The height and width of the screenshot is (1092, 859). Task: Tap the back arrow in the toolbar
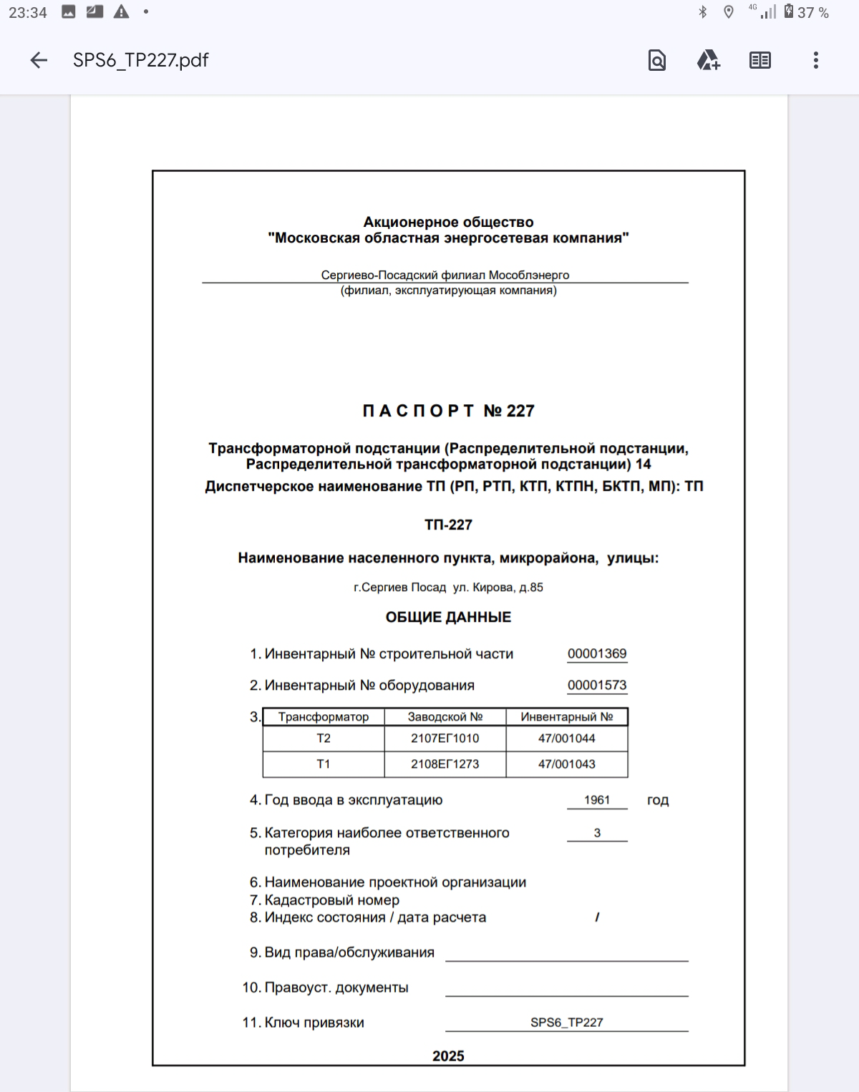tap(39, 61)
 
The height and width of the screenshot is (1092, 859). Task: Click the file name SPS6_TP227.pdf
tap(140, 61)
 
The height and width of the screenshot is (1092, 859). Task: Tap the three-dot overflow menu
tap(815, 61)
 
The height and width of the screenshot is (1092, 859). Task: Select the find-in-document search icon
tap(656, 61)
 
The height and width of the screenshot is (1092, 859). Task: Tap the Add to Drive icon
tap(708, 61)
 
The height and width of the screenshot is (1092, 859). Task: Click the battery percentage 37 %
tap(812, 13)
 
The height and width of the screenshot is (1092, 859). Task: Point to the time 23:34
tap(28, 13)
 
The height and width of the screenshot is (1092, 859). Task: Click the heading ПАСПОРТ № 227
tap(448, 411)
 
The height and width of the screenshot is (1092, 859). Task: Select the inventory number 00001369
tap(597, 653)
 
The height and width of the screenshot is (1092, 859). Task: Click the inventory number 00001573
tap(597, 685)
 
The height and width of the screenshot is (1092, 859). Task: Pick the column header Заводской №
tap(445, 717)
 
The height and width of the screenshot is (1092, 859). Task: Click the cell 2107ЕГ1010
tap(445, 738)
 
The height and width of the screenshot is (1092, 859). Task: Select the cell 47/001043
tap(567, 764)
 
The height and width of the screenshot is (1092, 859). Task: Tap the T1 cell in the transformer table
tap(324, 764)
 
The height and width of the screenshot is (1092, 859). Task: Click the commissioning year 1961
tap(597, 800)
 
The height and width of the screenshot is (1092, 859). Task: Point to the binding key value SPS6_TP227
tap(567, 1023)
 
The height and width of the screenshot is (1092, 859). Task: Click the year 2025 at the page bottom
tap(448, 1056)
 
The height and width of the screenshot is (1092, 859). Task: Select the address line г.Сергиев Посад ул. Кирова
tap(448, 588)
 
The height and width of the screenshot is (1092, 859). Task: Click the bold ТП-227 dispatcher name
tap(448, 525)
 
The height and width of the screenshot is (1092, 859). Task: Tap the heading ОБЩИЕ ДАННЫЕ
tap(448, 617)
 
